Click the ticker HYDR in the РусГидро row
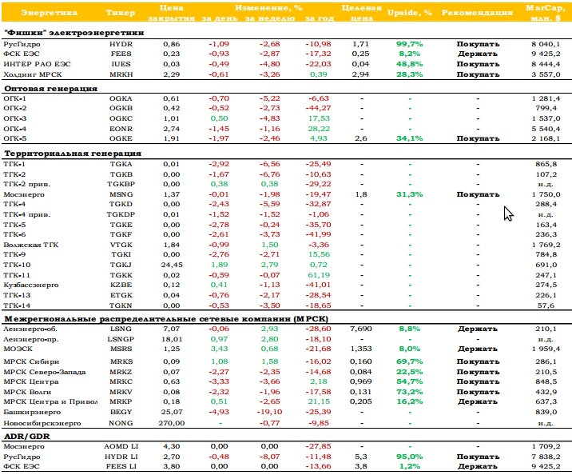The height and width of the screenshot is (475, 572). coord(121,44)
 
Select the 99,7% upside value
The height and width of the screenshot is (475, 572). coord(409,44)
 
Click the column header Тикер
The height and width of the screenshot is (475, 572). coord(121,13)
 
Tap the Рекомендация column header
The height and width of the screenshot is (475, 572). coord(477,13)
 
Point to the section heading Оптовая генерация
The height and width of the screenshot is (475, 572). coord(50,89)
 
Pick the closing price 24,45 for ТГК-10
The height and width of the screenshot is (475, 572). coord(172,265)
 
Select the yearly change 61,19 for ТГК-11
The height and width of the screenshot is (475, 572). coord(319,275)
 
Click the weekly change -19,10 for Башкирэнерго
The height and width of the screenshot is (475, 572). coord(269,412)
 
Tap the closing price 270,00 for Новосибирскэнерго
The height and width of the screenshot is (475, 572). coord(172,423)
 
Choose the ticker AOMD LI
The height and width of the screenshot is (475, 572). coord(121,446)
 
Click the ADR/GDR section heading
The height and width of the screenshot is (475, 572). coord(27,437)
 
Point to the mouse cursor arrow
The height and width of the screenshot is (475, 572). coord(508,214)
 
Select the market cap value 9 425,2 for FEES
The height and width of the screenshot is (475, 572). coord(546,54)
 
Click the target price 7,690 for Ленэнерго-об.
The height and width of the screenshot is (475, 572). coord(361,329)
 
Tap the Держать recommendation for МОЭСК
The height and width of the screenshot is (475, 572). coord(478,349)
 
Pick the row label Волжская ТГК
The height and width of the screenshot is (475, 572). coord(31,245)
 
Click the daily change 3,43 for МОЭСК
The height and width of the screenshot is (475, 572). coord(219,349)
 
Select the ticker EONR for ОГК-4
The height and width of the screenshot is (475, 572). coord(121,129)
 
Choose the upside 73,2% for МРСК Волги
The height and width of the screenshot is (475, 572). coord(409,392)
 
